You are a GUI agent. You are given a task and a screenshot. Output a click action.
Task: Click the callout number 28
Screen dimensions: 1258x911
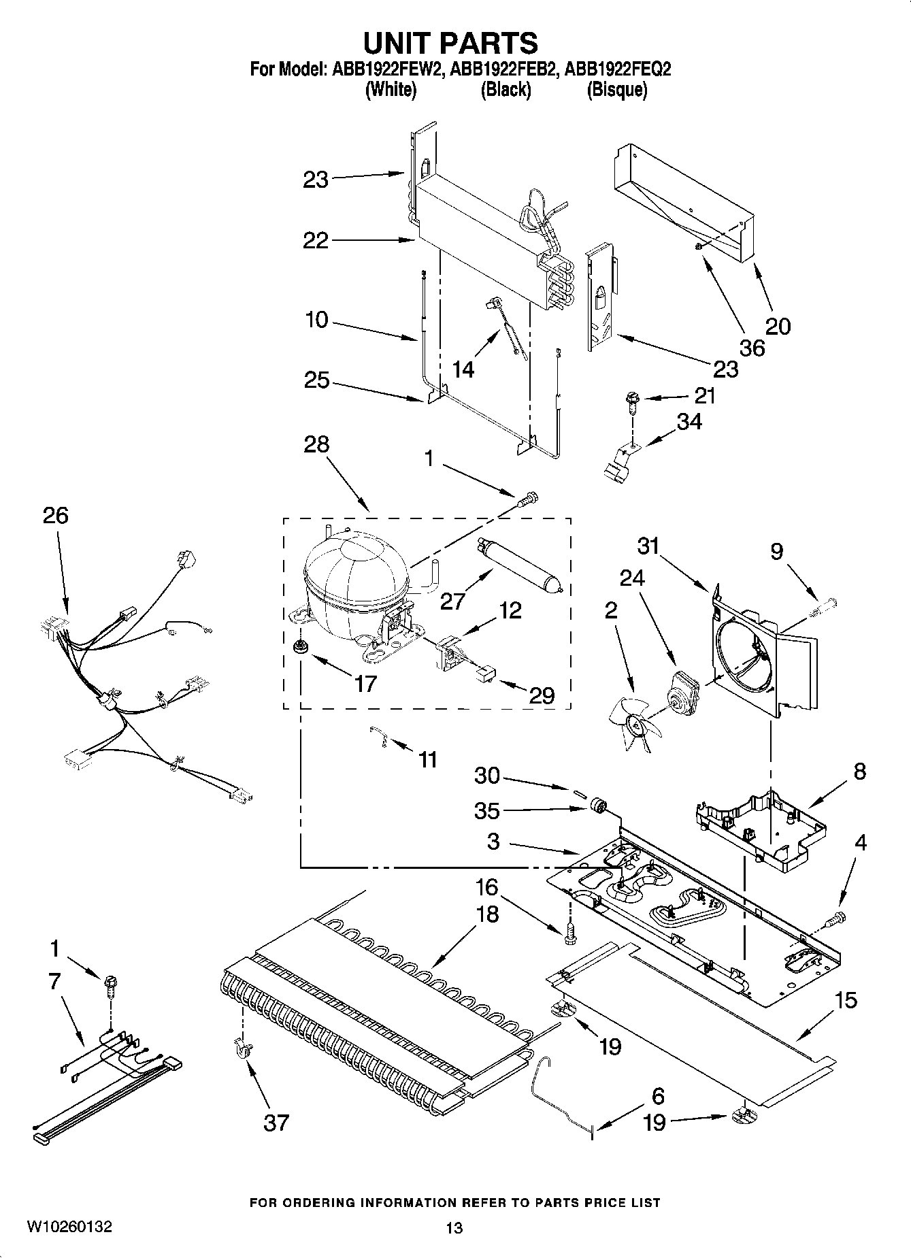click(x=316, y=444)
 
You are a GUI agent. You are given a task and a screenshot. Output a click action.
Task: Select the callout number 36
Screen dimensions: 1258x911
click(x=751, y=348)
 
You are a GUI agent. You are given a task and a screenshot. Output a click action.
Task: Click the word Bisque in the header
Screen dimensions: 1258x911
click(x=616, y=90)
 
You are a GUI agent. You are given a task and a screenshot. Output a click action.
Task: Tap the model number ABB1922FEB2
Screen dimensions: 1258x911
click(x=505, y=69)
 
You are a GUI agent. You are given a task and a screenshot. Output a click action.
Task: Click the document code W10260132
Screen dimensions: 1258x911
click(x=69, y=1227)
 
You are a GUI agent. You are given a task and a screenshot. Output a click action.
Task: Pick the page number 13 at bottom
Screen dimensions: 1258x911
click(x=454, y=1228)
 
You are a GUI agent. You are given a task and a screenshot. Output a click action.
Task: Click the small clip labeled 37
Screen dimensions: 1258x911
click(x=240, y=1049)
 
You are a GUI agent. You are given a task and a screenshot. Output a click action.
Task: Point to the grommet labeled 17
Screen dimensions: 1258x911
click(x=298, y=647)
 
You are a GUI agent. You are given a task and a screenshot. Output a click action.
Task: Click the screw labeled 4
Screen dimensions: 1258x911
click(x=834, y=919)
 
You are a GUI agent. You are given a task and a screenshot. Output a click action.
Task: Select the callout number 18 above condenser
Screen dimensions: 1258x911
click(x=487, y=914)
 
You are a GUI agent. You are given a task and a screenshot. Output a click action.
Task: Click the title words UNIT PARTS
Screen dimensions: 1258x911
click(x=450, y=43)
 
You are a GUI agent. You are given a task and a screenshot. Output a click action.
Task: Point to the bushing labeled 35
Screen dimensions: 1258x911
click(x=599, y=806)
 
